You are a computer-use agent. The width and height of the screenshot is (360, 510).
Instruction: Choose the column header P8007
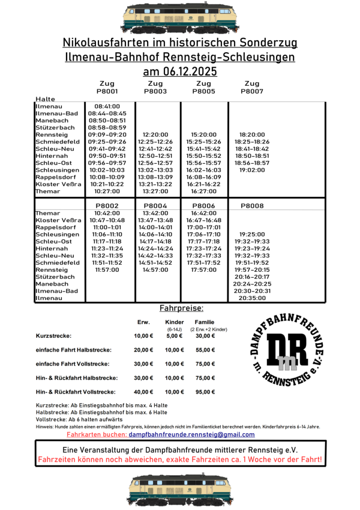click(252, 91)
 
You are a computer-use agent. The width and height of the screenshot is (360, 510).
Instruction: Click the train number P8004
click(155, 206)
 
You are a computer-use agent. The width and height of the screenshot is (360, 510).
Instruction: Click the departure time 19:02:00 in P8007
click(252, 170)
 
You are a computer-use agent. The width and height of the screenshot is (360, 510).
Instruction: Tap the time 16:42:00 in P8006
click(204, 213)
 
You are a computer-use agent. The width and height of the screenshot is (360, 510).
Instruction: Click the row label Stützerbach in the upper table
click(55, 127)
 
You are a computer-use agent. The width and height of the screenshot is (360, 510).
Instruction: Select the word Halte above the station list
click(45, 99)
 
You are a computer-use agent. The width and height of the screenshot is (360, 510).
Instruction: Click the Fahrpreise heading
click(181, 308)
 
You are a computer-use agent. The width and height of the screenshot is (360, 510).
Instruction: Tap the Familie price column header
click(204, 322)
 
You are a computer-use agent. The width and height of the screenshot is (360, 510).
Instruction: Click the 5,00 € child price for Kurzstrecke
click(174, 336)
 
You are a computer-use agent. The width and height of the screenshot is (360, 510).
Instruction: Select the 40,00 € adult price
click(143, 392)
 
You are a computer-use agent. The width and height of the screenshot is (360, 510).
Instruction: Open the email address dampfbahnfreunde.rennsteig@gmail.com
click(191, 434)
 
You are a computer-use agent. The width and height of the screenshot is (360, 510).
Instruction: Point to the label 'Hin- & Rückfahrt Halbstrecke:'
click(77, 378)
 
